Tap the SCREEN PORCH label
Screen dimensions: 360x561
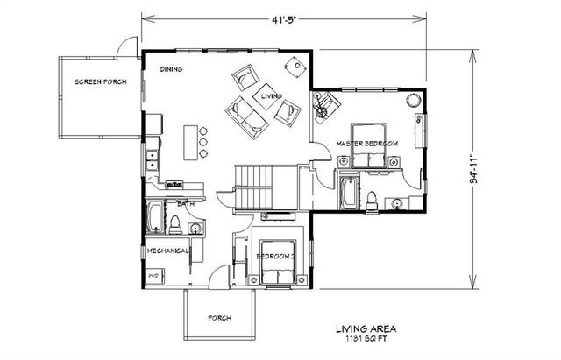100,82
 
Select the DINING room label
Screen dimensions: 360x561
171,68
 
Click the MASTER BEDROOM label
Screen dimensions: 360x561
368,143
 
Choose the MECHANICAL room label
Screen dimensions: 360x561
168,251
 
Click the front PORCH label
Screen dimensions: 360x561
218,318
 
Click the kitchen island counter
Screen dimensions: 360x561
190,143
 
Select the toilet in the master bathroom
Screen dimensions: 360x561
372,198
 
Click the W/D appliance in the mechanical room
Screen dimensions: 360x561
155,276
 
